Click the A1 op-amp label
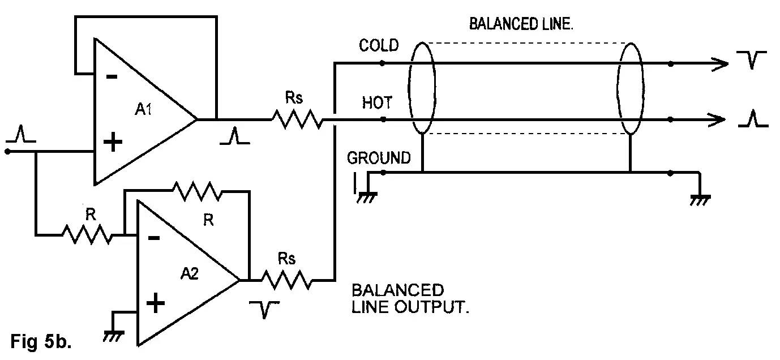(144, 110)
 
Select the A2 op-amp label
(190, 273)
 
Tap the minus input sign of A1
(112, 76)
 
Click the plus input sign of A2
(155, 304)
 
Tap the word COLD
(379, 45)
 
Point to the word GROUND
(379, 157)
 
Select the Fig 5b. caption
(41, 341)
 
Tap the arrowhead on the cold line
(720, 64)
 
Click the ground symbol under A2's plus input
(113, 334)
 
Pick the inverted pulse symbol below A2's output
(263, 309)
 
